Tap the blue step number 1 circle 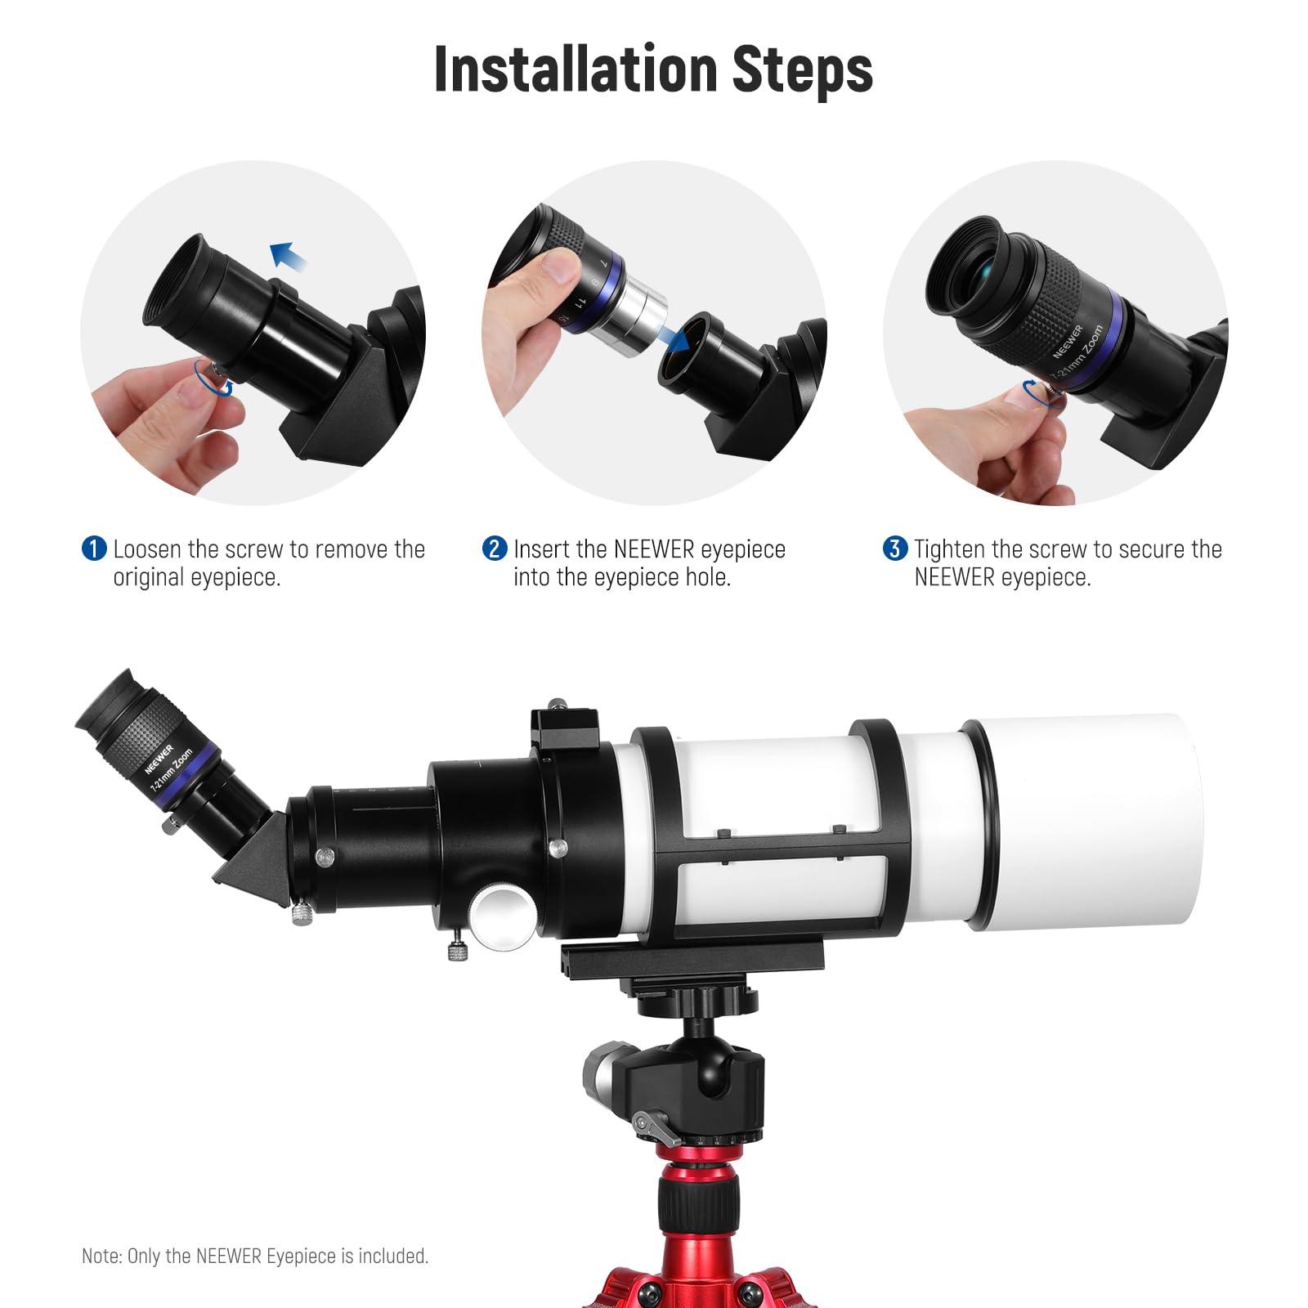(x=94, y=549)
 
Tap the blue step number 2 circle (x=495, y=549)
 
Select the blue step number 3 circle (x=895, y=549)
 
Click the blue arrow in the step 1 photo (x=289, y=258)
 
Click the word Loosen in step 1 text (x=148, y=549)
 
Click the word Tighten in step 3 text (x=950, y=549)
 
